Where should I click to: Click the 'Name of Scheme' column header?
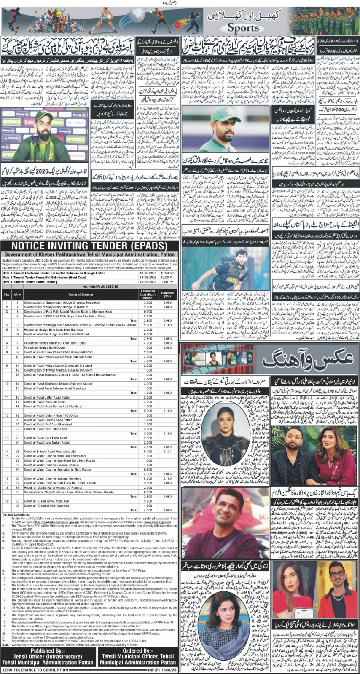(x=80, y=294)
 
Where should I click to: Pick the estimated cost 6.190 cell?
(x=148, y=451)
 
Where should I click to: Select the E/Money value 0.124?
(x=167, y=451)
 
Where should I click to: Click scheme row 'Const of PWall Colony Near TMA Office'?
(x=51, y=415)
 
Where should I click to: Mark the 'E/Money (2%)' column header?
(x=167, y=294)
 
